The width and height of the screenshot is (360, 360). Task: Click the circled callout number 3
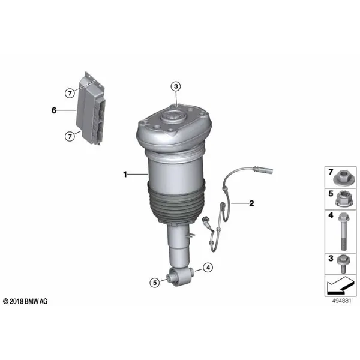(x=176, y=86)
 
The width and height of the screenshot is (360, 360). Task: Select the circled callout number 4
(x=208, y=268)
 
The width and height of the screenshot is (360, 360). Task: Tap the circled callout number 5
(x=155, y=283)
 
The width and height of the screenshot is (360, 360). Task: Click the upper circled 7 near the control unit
(x=70, y=93)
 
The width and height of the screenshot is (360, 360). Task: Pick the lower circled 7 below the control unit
(x=70, y=136)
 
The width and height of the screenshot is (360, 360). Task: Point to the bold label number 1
(x=125, y=175)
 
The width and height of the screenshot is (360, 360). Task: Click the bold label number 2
(x=251, y=203)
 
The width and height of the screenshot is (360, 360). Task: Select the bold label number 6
(x=54, y=110)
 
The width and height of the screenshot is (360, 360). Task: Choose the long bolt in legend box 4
(x=343, y=231)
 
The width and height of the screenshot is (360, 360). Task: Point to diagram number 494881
(x=341, y=301)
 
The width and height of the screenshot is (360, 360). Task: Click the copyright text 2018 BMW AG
(x=25, y=301)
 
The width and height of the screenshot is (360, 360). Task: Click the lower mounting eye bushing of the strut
(x=181, y=277)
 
